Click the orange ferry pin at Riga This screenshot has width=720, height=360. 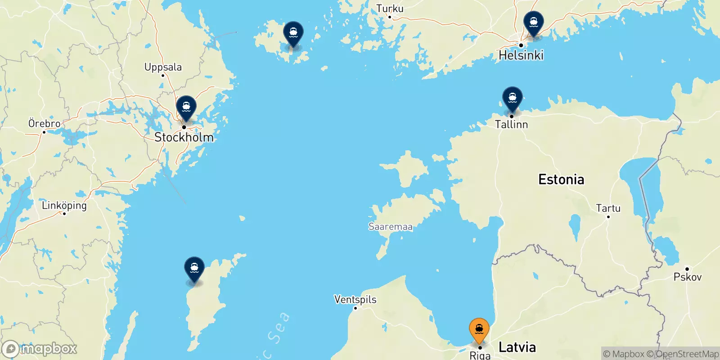[479, 330]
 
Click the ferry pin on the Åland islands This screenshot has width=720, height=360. [293, 34]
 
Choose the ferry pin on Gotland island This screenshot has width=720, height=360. [194, 269]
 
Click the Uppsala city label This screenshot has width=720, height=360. [163, 67]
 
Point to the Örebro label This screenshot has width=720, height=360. [45, 123]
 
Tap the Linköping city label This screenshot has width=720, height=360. [64, 206]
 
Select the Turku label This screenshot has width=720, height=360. [390, 9]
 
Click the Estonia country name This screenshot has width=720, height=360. [561, 180]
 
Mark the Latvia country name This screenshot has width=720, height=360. [517, 347]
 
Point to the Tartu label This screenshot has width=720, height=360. [608, 208]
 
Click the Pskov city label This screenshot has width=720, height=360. [687, 277]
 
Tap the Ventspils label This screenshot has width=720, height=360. [355, 300]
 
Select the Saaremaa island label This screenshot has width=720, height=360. [391, 226]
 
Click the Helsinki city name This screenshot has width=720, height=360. [521, 55]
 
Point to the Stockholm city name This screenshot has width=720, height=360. [184, 137]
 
